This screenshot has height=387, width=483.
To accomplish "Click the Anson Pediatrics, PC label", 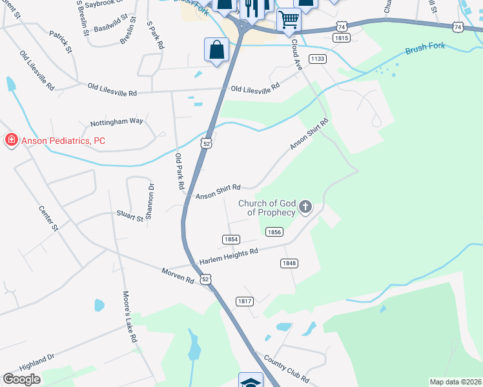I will point(63,141).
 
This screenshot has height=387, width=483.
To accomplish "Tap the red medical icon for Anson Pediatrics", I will point(11,140).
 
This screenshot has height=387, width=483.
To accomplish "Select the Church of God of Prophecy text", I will point(267,208).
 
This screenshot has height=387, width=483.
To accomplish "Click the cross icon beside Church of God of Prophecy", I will point(305,207).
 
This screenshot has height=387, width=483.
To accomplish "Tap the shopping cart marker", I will point(289,19).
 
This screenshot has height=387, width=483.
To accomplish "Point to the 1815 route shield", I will point(342,39).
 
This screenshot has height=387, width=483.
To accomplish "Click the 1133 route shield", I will point(317,59).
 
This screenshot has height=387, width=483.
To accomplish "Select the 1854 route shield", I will point(231,239).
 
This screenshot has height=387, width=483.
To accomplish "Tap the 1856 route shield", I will point(274,232).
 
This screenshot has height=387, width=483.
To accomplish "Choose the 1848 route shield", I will point(289,263).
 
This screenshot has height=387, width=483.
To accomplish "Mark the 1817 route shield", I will point(244,301).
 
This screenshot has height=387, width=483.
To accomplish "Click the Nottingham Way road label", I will point(117,121).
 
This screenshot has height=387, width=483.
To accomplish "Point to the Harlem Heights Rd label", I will point(229,255).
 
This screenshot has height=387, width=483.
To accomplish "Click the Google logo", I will point(21,379).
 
